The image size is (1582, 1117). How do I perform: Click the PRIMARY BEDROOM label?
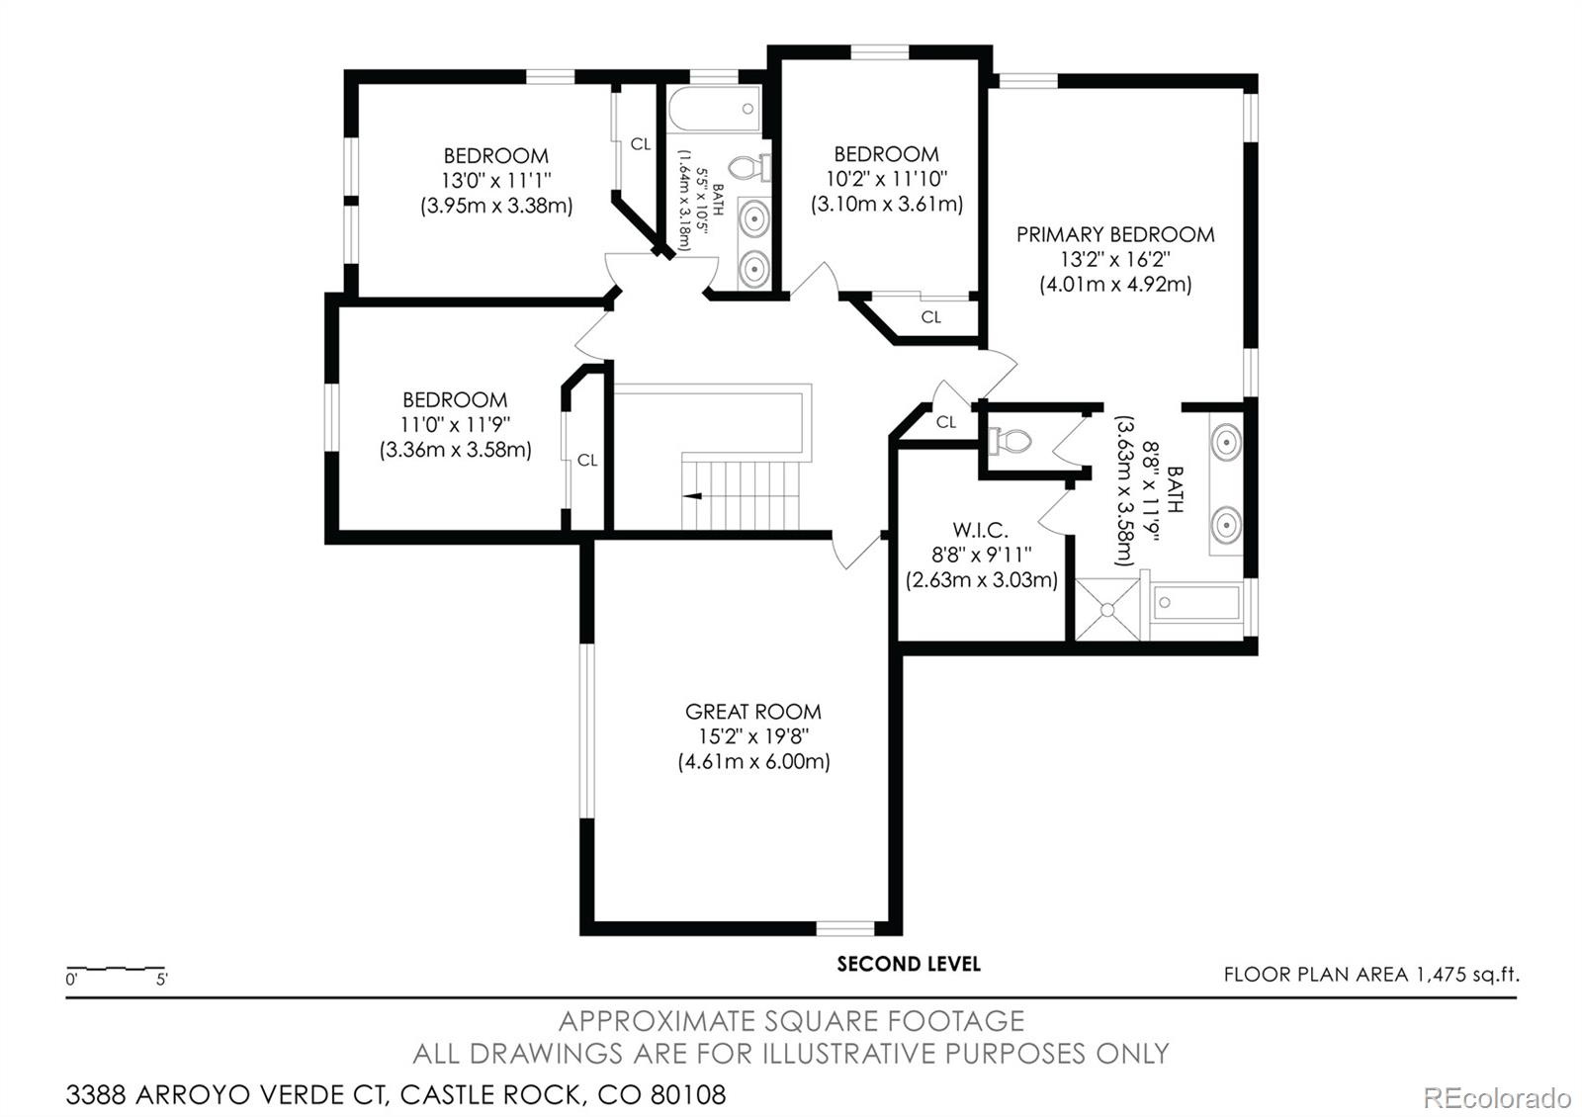1115,234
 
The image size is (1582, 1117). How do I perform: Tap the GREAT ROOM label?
752,711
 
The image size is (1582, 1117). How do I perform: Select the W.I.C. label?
980,530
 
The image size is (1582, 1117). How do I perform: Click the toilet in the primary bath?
1010,441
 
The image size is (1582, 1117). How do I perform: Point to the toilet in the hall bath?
748,169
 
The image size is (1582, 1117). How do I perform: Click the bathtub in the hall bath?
714,109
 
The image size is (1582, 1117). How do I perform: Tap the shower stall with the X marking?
1107,609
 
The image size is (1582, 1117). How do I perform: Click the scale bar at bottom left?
116,969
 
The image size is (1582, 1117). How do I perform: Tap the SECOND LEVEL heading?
909,964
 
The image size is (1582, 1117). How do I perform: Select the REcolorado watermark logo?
1497,1098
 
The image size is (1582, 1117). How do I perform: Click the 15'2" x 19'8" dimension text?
753,736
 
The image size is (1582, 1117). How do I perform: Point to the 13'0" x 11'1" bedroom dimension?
495,180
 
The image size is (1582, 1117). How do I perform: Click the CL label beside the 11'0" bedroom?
587,461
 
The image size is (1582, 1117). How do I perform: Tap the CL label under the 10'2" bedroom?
930,317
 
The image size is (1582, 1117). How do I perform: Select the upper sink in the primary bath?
1227,442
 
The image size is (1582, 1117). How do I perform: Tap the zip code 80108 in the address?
688,1094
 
